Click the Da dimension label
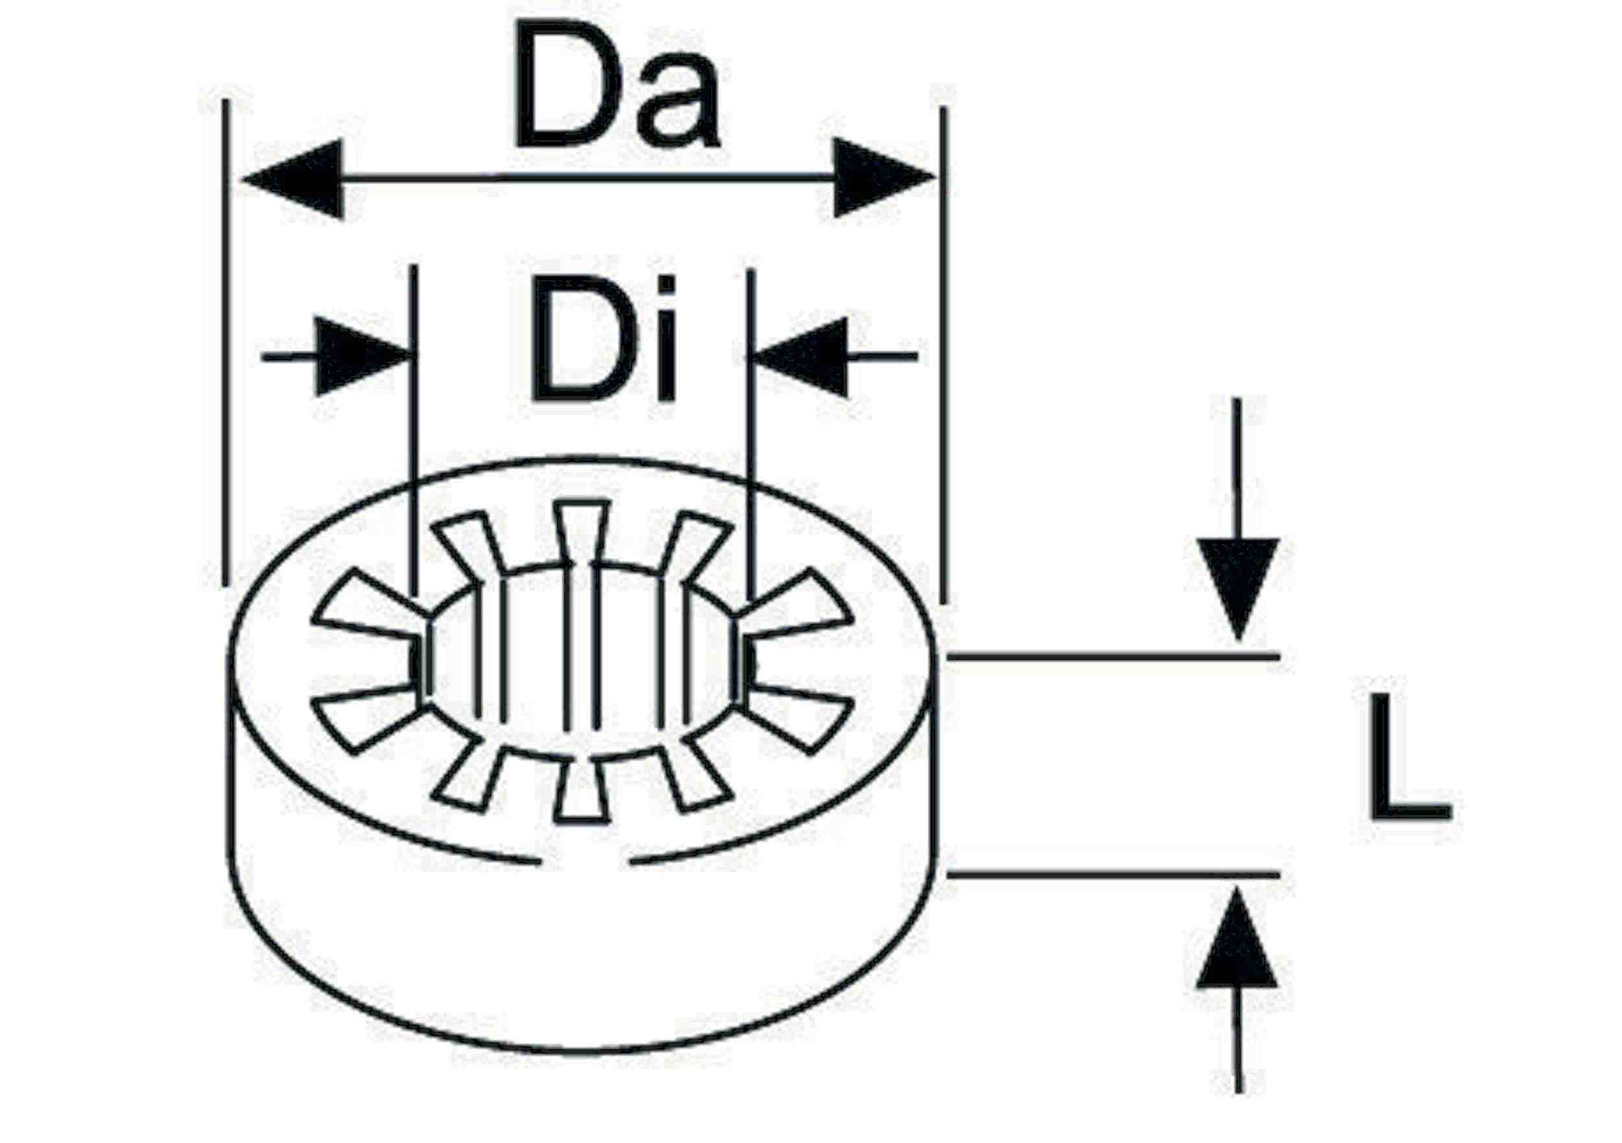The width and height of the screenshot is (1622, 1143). click(x=618, y=85)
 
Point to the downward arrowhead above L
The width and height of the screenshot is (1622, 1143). click(x=1238, y=588)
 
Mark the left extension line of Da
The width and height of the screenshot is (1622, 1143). click(x=225, y=342)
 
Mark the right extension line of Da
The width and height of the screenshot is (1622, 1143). click(x=944, y=355)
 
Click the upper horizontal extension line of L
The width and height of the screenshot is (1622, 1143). click(x=1113, y=657)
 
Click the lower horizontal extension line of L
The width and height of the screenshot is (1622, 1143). click(x=1113, y=874)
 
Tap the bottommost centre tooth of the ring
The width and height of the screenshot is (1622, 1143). click(x=581, y=791)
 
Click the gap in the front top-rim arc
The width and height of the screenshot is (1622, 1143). click(x=586, y=863)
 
